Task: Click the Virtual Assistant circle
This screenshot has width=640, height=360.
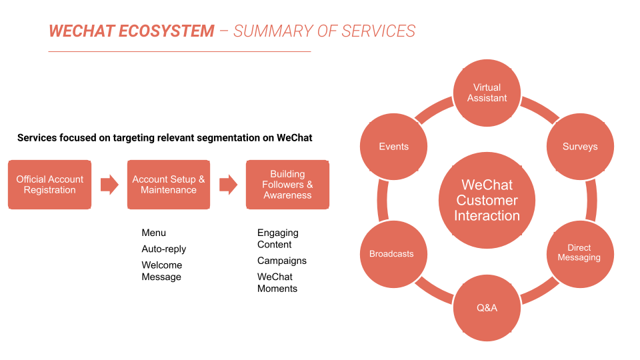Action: pyautogui.click(x=487, y=93)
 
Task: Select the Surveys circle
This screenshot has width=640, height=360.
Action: pyautogui.click(x=579, y=147)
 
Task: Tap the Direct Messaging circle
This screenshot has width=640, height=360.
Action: pyautogui.click(x=579, y=253)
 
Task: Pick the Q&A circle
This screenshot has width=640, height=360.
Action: pyautogui.click(x=487, y=308)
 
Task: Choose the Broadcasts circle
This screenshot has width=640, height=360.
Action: pyautogui.click(x=392, y=254)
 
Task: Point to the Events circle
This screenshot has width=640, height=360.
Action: pyautogui.click(x=393, y=147)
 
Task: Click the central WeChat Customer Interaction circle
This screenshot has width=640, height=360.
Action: pyautogui.click(x=487, y=200)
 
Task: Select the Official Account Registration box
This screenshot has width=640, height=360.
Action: pyautogui.click(x=50, y=185)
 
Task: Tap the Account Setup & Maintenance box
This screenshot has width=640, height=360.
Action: pyautogui.click(x=169, y=185)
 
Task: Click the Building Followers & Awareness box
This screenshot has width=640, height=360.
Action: pyautogui.click(x=287, y=185)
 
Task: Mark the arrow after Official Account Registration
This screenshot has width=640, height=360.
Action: pyautogui.click(x=109, y=185)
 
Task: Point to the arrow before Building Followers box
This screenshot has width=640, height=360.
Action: pyautogui.click(x=228, y=185)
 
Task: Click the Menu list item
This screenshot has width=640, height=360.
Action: pyautogui.click(x=154, y=233)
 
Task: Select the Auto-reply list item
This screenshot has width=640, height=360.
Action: pyautogui.click(x=164, y=249)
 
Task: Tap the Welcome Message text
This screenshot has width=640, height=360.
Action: pyautogui.click(x=161, y=271)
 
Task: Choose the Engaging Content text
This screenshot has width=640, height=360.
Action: pyautogui.click(x=278, y=239)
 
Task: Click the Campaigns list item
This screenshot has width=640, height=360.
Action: pyautogui.click(x=282, y=261)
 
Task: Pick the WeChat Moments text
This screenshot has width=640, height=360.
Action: pyautogui.click(x=277, y=283)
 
